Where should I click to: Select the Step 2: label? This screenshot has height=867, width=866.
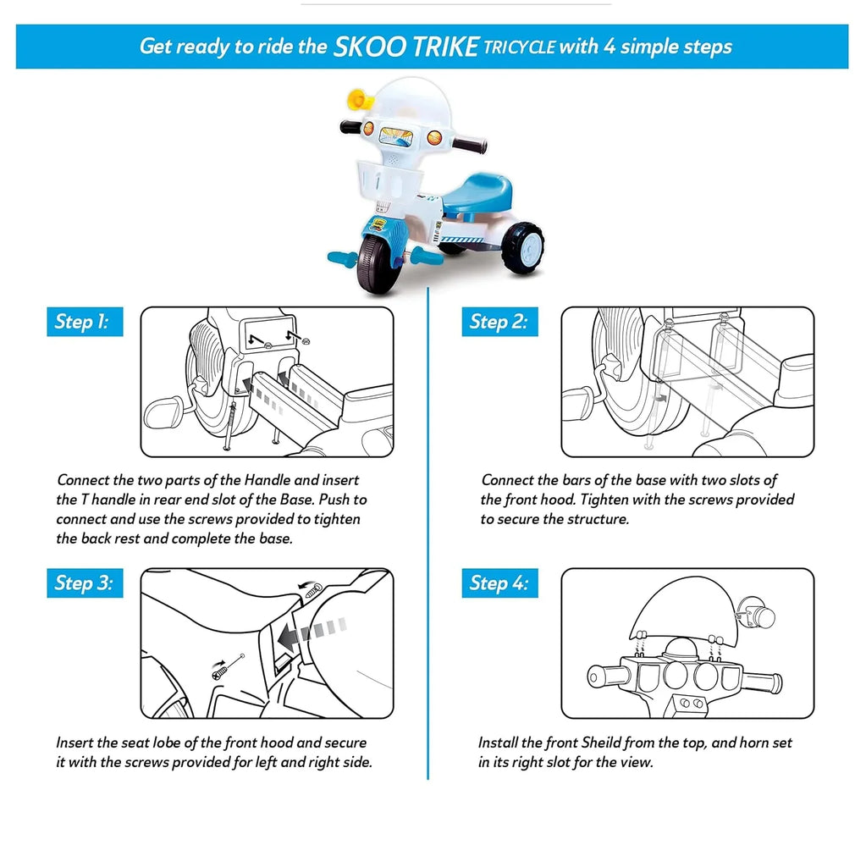(499, 322)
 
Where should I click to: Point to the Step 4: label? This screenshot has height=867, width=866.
(499, 583)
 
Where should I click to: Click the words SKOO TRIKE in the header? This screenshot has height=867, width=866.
(405, 47)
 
